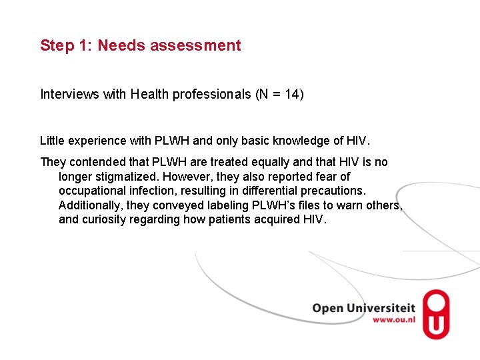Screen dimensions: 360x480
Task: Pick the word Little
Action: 53,141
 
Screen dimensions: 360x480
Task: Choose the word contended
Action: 95,162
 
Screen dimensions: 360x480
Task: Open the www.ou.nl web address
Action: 394,321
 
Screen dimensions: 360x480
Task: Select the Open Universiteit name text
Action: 363,308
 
